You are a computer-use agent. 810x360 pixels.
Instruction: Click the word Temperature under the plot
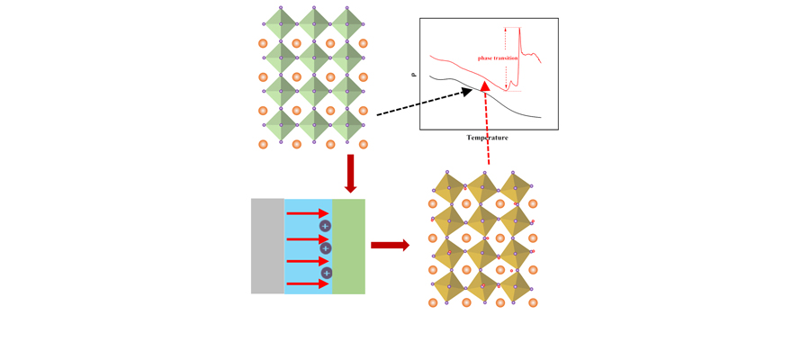pos(487,138)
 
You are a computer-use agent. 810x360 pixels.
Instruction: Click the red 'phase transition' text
pos(498,58)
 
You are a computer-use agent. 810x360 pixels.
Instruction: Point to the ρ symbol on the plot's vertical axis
pos(413,75)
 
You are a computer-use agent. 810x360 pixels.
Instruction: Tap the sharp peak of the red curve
pos(519,28)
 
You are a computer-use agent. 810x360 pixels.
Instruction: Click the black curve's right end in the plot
pos(541,118)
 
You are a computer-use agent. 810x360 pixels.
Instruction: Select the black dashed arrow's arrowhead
pos(467,92)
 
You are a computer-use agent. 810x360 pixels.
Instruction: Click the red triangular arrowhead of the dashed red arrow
pos(485,86)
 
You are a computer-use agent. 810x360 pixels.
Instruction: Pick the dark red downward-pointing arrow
pos(350,174)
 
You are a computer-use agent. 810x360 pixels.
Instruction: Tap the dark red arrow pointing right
pos(390,245)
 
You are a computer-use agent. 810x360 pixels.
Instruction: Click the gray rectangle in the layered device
pos(267,246)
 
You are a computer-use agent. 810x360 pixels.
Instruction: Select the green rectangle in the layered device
pos(348,247)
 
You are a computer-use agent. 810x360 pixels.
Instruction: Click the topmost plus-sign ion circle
pos(325,225)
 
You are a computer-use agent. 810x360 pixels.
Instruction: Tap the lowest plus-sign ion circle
pos(326,272)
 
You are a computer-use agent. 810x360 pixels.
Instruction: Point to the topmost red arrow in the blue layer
pos(308,213)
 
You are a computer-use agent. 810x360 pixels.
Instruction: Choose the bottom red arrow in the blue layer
pos(308,283)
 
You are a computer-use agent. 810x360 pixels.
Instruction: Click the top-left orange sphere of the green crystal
pos(263,43)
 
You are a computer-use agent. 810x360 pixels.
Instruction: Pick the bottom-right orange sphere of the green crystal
pos(364,144)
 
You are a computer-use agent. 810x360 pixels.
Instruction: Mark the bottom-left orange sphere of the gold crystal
pos(433,302)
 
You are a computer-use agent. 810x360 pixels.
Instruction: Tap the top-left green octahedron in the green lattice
pos(281,23)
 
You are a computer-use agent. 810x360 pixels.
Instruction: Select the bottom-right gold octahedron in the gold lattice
pos(515,287)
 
